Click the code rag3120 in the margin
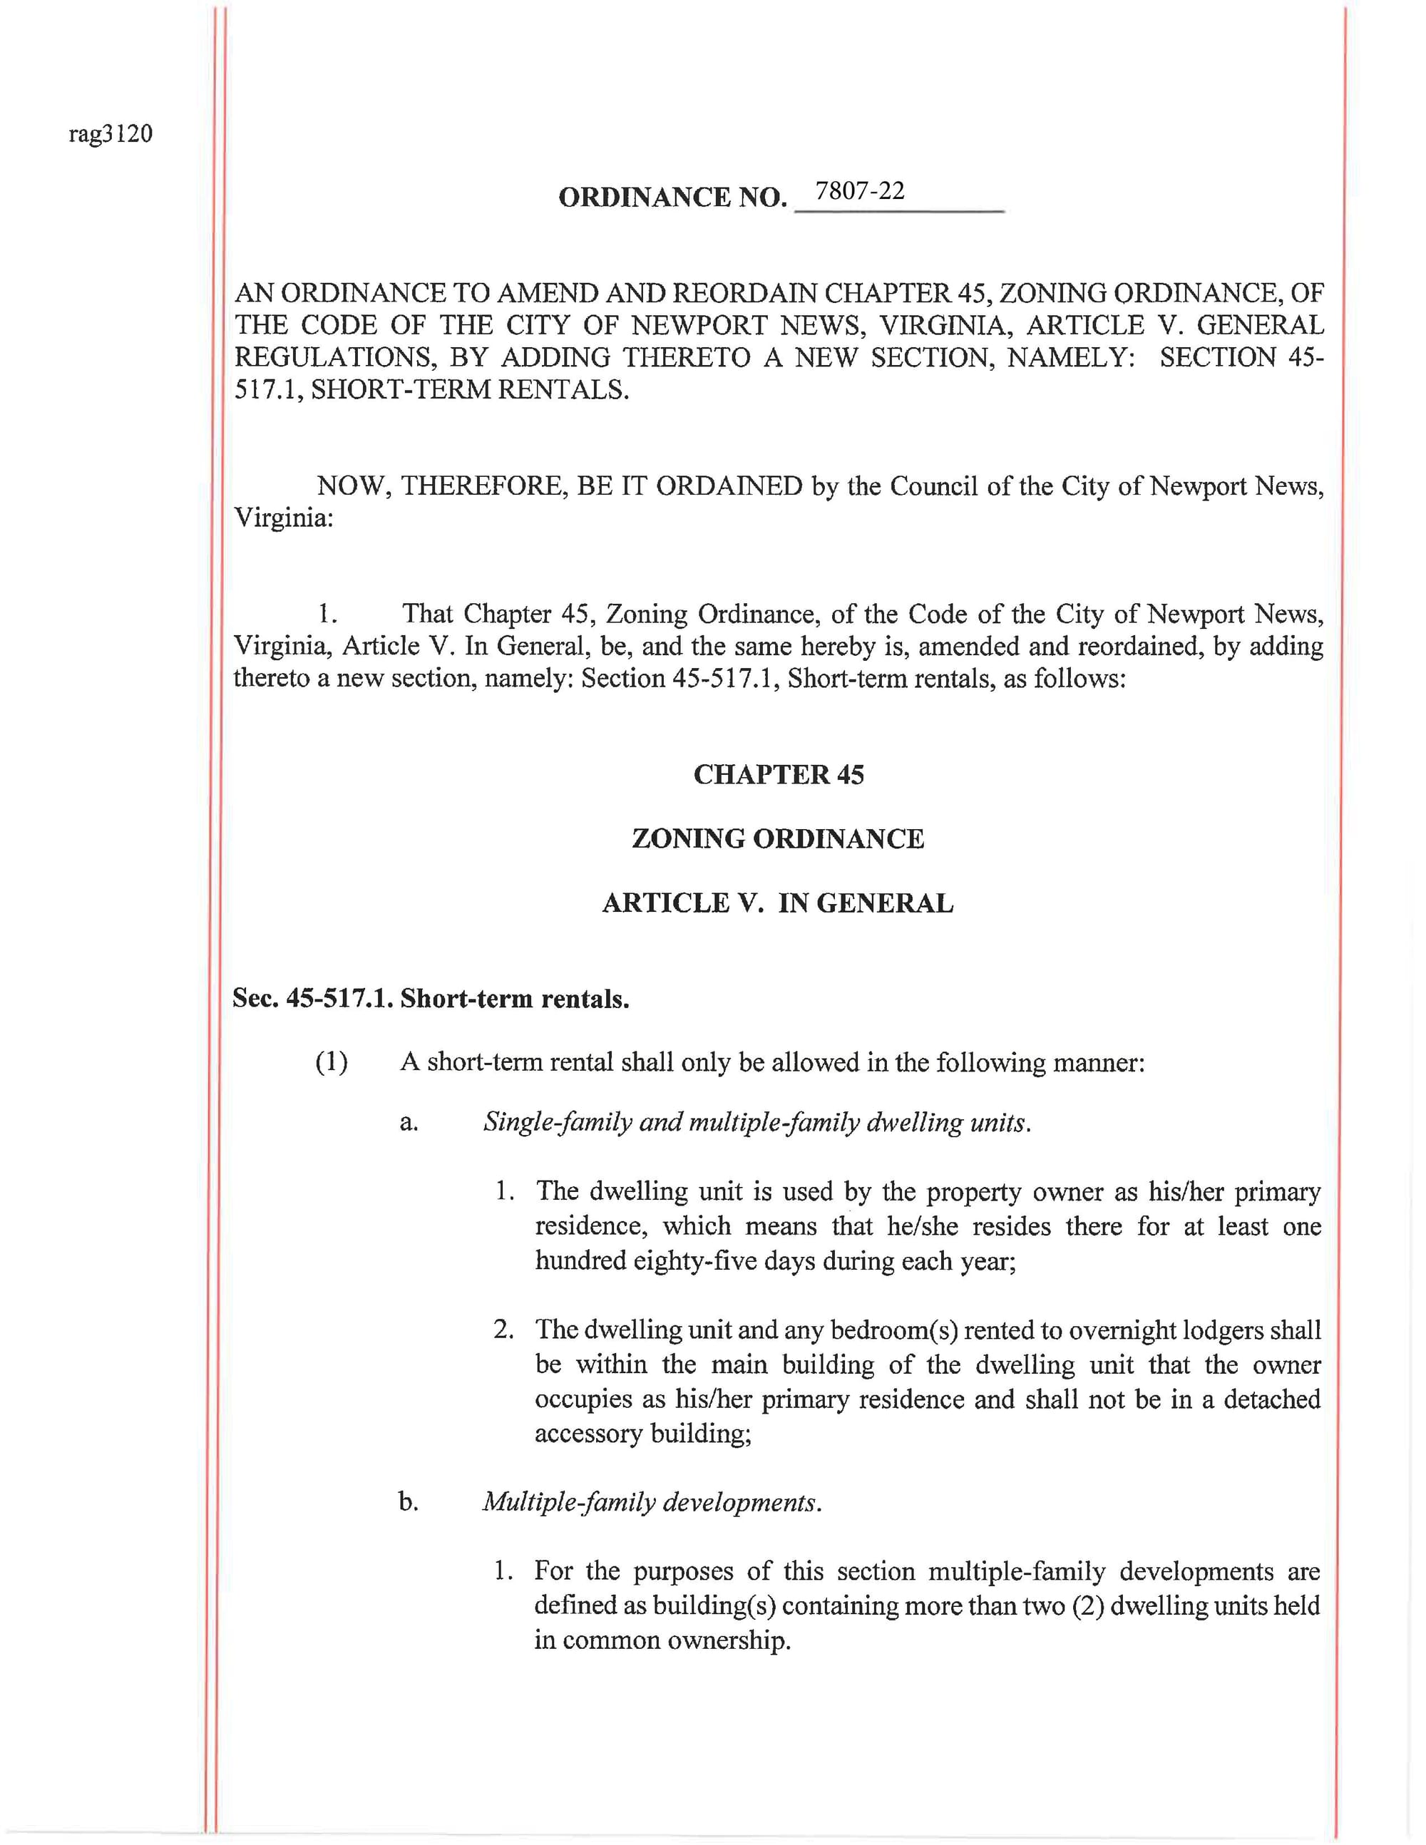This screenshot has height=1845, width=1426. [111, 134]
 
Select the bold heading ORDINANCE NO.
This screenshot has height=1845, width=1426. [672, 197]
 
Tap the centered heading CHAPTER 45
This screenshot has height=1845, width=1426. [778, 775]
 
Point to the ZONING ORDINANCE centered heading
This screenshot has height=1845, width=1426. [778, 839]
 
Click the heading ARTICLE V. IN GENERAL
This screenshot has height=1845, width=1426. [778, 903]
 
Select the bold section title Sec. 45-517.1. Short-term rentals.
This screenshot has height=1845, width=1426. [431, 999]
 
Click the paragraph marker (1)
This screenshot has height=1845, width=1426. [331, 1062]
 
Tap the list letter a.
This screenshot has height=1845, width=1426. [409, 1123]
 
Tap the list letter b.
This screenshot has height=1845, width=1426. [409, 1502]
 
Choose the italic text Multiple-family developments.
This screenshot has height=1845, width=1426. [652, 1502]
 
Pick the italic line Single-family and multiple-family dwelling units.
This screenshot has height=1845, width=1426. [757, 1123]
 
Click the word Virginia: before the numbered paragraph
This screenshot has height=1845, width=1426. [284, 518]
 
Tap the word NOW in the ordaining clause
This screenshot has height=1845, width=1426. [353, 487]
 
